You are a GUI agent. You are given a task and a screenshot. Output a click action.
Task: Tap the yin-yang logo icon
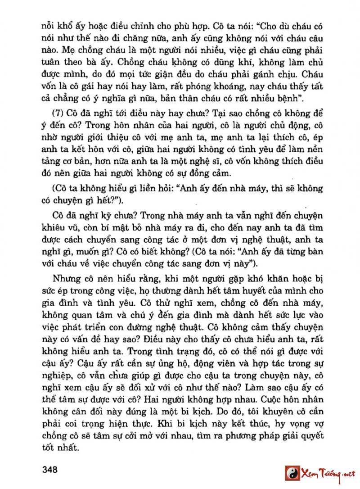click(292, 473)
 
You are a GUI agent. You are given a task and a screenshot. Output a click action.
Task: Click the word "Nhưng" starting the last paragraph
click(66, 278)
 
